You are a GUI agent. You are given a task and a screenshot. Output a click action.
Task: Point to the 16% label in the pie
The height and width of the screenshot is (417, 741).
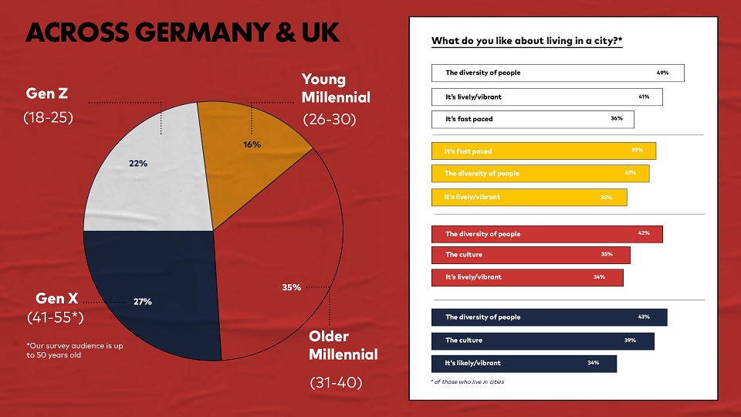(x=252, y=144)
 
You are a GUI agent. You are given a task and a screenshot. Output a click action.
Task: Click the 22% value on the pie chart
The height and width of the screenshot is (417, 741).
(x=138, y=164)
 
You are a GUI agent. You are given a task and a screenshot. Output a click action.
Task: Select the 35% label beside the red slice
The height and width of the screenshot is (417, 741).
(x=291, y=287)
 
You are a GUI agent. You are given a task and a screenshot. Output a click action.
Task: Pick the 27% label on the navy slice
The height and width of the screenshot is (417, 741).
(x=142, y=302)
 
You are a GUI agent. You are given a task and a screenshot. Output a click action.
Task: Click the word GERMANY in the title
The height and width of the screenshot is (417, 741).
(x=201, y=32)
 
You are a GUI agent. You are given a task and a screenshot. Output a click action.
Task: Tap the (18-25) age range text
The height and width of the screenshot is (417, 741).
(x=48, y=117)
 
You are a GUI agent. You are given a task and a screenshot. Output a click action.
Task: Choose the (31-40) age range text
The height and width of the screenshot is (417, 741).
(x=336, y=382)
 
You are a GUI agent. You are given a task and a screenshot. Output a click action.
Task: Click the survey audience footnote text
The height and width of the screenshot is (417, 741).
(x=75, y=351)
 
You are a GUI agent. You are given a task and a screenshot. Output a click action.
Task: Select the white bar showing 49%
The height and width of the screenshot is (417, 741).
(x=557, y=73)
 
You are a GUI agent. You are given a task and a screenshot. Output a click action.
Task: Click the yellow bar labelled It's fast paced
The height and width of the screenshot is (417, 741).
(x=543, y=151)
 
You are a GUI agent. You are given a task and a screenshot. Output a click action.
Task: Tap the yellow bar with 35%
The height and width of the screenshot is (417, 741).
(x=530, y=197)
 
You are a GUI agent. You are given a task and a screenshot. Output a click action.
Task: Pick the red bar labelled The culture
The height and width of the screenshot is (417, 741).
(x=531, y=255)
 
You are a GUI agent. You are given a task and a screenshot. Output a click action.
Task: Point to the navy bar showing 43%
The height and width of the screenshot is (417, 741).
(x=549, y=317)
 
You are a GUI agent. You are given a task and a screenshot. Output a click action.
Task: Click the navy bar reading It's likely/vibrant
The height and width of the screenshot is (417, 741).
(x=524, y=364)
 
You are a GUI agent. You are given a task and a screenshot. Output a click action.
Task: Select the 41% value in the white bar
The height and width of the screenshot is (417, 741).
(x=644, y=97)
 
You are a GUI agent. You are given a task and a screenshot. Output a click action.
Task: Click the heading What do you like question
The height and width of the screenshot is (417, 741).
(x=527, y=41)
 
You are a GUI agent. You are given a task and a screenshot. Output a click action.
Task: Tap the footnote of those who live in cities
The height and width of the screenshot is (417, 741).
(x=468, y=382)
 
